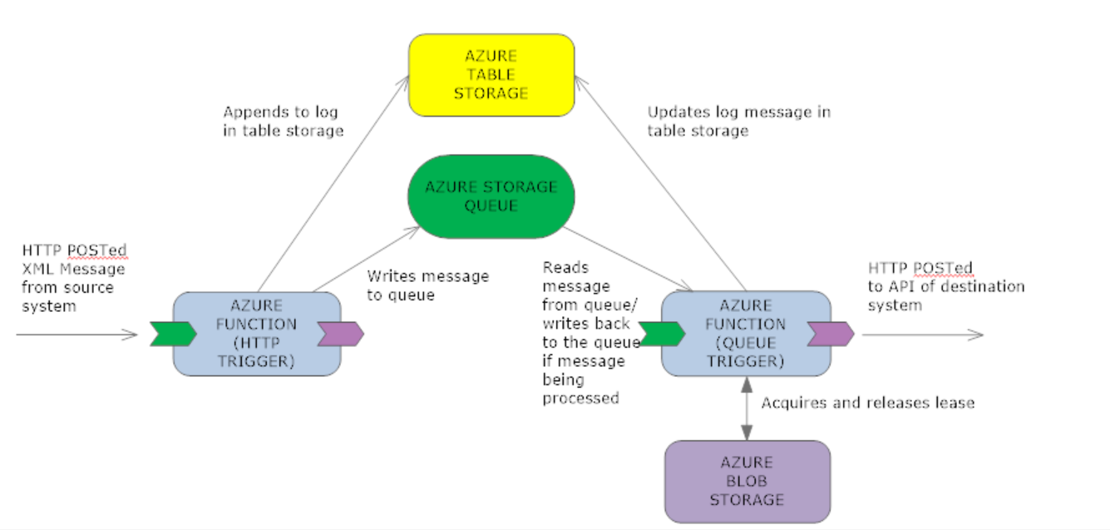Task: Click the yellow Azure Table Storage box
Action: tap(491, 76)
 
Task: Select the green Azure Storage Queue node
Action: tap(491, 197)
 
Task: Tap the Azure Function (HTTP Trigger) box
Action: tap(257, 334)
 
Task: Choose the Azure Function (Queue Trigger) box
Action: tap(746, 334)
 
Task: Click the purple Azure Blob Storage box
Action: tap(747, 482)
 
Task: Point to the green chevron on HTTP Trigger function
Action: tap(174, 334)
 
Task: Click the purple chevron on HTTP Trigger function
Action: tap(341, 334)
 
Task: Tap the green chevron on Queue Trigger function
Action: tap(662, 334)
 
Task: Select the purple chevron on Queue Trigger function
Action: tap(831, 334)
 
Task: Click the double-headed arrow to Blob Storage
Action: tap(747, 409)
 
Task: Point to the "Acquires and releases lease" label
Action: tap(868, 403)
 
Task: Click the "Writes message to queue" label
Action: tap(428, 285)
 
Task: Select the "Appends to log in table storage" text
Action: tap(283, 121)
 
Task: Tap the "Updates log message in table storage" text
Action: tap(739, 121)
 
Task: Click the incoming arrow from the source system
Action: tap(76, 334)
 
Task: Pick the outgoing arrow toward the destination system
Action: tap(923, 334)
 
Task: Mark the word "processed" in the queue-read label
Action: tap(580, 399)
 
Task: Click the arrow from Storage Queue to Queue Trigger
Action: tap(628, 259)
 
